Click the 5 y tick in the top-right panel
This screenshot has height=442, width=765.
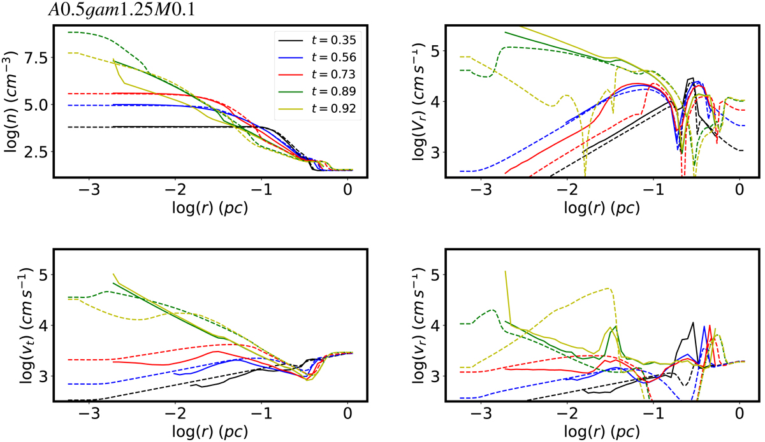click(x=437, y=50)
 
